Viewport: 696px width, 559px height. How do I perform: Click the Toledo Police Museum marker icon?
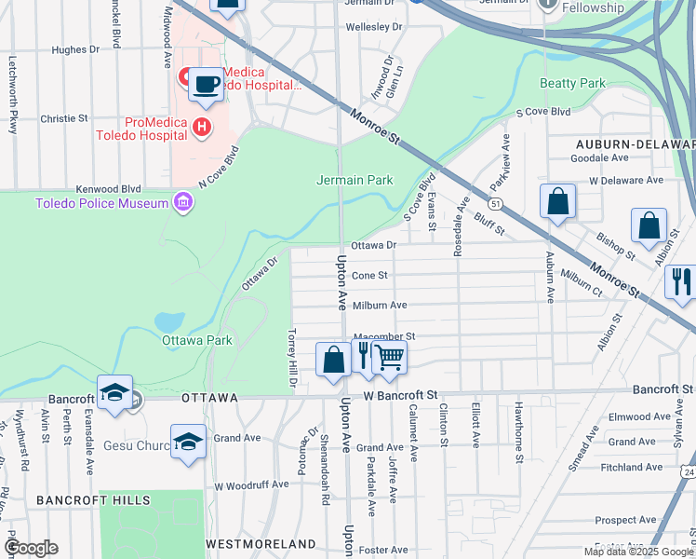tap(182, 203)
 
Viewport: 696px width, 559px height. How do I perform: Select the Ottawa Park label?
tap(196, 340)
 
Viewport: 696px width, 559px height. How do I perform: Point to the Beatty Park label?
tap(573, 83)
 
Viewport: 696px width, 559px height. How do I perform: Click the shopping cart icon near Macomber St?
tap(389, 358)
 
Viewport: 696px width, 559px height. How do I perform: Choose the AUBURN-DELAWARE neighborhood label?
tap(635, 144)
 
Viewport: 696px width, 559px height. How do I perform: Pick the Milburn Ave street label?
tap(379, 305)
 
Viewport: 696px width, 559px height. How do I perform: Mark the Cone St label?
tap(369, 275)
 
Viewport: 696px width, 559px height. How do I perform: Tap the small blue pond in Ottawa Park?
tap(169, 321)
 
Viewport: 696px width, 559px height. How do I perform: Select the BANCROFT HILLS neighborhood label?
tap(93, 500)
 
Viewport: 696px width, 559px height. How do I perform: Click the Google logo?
tap(31, 548)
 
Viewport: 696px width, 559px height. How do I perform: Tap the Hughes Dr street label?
tap(75, 50)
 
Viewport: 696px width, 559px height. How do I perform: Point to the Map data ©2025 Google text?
tap(637, 552)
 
